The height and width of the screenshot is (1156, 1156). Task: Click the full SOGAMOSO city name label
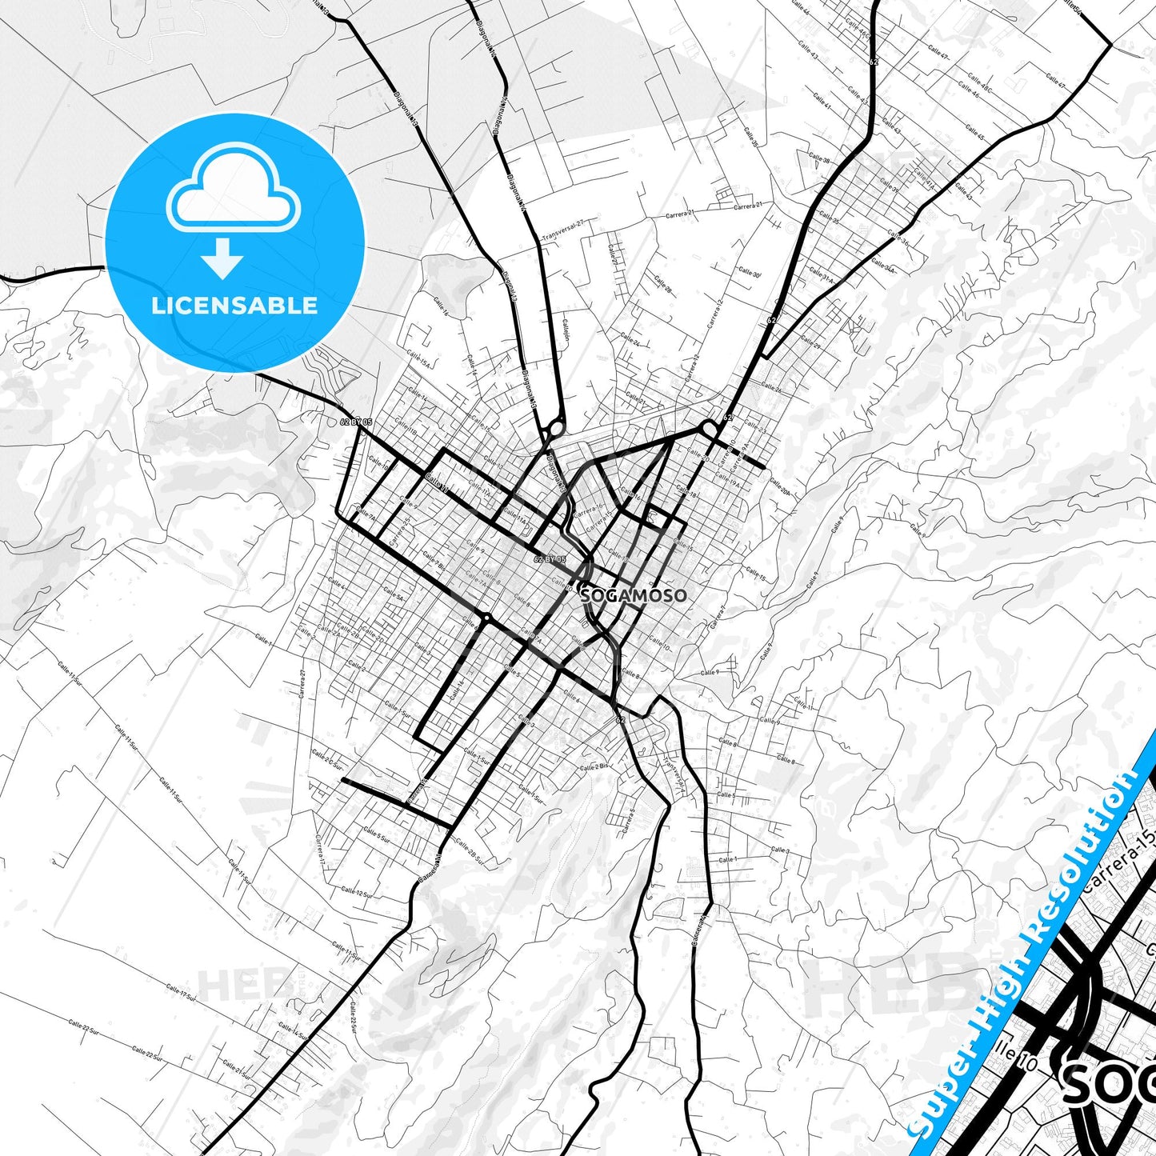tap(634, 595)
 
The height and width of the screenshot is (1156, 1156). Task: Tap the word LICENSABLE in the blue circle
tap(234, 306)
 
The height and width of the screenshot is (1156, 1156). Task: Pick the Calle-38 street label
tap(819, 158)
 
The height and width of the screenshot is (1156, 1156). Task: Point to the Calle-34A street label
tap(884, 265)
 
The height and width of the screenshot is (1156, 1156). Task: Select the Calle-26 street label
tap(771, 388)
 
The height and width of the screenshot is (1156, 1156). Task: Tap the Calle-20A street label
tap(779, 488)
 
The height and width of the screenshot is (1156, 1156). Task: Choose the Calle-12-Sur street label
tap(356, 893)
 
